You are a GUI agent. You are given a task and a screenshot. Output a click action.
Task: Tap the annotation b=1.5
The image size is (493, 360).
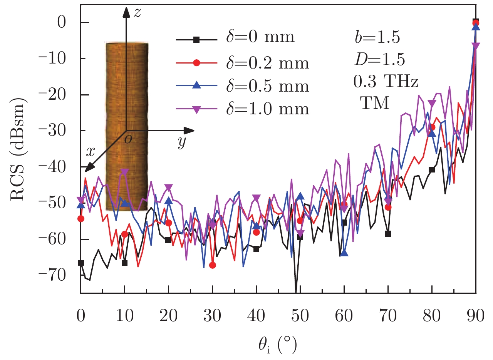(377, 38)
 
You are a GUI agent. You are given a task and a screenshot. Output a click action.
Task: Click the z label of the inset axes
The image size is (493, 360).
(136, 13)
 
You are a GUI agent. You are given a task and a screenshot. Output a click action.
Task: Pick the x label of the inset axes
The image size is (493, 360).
(91, 152)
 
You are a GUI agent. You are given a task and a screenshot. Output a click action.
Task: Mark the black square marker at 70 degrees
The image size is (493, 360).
(388, 234)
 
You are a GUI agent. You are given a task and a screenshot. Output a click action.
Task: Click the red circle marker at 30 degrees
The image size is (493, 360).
(212, 265)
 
